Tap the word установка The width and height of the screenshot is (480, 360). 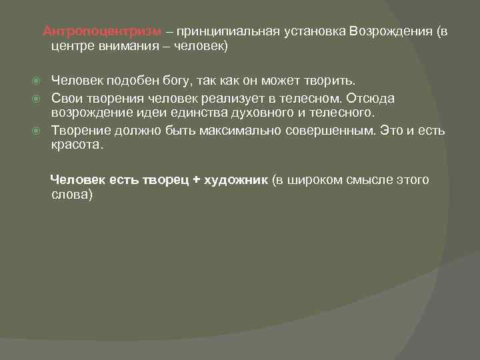click(x=311, y=31)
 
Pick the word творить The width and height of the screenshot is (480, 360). click(x=331, y=81)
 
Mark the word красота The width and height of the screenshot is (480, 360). click(x=77, y=144)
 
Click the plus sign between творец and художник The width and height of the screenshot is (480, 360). click(x=197, y=179)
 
